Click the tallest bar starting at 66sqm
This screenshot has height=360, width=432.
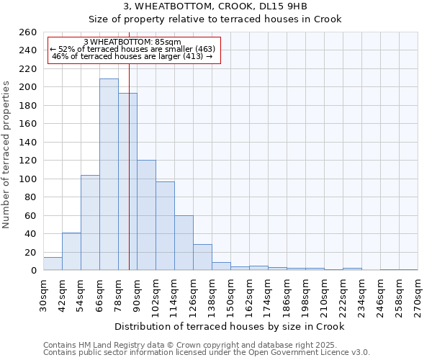coord(109,174)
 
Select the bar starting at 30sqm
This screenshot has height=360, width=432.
coord(53,264)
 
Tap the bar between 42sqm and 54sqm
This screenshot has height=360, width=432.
coord(71,251)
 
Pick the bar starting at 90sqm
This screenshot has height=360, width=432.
coord(146,215)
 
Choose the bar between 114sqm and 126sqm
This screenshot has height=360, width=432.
coord(184,243)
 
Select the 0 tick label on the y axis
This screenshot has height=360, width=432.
coord(33,271)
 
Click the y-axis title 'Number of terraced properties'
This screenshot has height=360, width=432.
coord(7,155)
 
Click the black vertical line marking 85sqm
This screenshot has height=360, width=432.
coord(129,180)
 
